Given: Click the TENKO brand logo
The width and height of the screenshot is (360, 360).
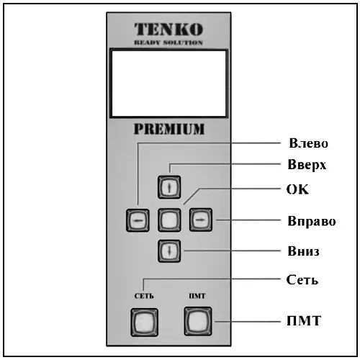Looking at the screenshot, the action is click(168, 30).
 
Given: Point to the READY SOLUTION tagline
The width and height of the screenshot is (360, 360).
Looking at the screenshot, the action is click(168, 42).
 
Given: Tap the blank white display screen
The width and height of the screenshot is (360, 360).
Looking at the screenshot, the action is click(169, 84).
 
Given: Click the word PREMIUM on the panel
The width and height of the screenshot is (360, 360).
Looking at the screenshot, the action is click(169, 129).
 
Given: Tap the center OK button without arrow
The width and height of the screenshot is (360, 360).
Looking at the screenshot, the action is click(169, 220).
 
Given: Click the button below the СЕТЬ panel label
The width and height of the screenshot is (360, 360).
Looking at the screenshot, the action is click(144, 323).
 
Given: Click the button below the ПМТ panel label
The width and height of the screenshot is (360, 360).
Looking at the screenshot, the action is click(198, 321).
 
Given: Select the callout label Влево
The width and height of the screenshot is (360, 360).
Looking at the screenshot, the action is click(308, 143).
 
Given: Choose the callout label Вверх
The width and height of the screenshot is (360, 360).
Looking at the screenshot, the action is click(307, 165).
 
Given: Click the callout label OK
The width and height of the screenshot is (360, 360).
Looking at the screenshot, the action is click(297, 189).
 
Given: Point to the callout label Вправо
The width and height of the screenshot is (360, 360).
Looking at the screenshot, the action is click(312, 221).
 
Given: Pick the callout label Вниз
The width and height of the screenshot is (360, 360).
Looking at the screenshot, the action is click(303, 251).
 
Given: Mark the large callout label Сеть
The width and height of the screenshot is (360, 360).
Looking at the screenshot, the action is click(302, 279).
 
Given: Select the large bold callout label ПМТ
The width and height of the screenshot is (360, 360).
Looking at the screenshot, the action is click(304, 320).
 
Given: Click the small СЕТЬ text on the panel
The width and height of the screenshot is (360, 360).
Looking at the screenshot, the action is click(144, 296).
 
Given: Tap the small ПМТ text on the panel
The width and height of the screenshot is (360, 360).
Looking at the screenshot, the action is click(197, 296).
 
